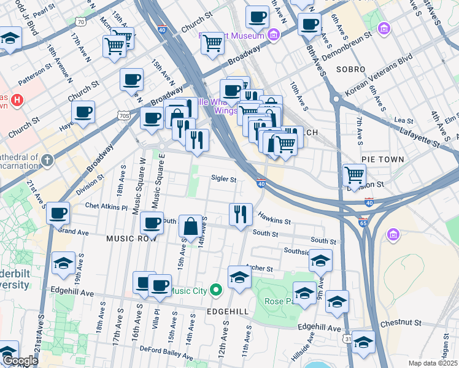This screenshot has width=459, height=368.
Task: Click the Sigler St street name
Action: click(x=223, y=179)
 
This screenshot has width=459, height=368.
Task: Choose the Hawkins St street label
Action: click(x=274, y=218)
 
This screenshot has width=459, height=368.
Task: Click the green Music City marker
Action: click(x=215, y=290)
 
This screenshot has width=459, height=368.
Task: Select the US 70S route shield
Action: click(x=124, y=115)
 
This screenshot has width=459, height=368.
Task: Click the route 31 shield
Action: click(x=349, y=339)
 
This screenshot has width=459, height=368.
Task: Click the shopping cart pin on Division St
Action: click(x=355, y=175)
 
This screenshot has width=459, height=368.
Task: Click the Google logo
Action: click(x=20, y=361)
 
